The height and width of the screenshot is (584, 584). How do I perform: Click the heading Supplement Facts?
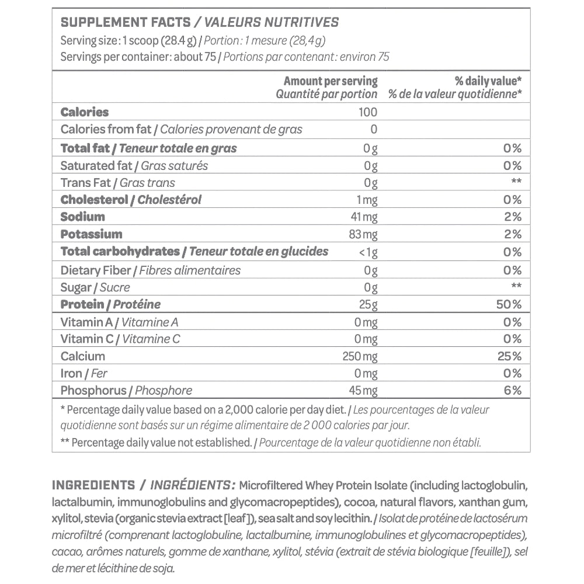(x=126, y=23)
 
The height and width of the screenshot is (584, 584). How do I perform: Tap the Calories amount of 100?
(x=367, y=112)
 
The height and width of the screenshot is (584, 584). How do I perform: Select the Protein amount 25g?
(x=370, y=304)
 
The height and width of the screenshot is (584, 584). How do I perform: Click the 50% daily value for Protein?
(x=509, y=304)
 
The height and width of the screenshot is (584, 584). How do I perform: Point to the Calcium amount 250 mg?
(x=360, y=356)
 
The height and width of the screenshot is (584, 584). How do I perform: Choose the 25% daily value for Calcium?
(x=509, y=356)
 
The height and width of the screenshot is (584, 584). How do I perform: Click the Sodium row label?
(x=83, y=217)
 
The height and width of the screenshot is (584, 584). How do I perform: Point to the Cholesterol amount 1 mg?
(x=367, y=200)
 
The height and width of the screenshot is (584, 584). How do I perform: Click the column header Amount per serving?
(x=331, y=81)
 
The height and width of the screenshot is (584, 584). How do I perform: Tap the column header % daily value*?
(x=488, y=81)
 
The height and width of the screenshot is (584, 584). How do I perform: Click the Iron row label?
(x=71, y=374)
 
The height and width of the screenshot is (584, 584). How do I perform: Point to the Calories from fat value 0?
(x=374, y=130)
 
